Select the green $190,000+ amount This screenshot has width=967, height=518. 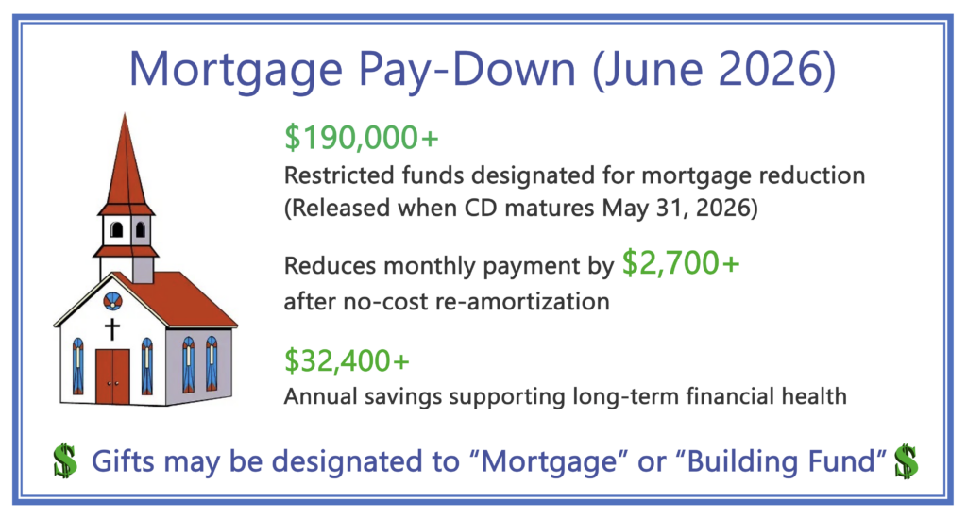tap(362, 138)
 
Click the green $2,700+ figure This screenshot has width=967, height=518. tap(681, 263)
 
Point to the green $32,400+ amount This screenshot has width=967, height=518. tap(348, 361)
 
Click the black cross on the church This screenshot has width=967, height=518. tap(111, 329)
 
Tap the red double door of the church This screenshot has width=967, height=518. tap(112, 376)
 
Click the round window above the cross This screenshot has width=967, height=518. tap(112, 301)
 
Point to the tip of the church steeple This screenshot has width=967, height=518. tap(125, 114)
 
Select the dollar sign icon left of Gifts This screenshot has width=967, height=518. tap(65, 460)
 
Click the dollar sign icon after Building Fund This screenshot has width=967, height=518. tap(906, 460)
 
